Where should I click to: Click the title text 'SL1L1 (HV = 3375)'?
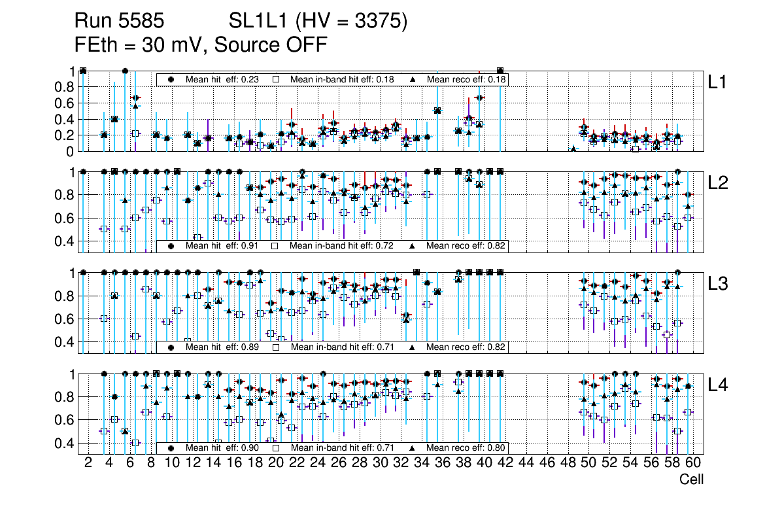318,22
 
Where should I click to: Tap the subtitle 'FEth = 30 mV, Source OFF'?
200,45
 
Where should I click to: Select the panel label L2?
717,183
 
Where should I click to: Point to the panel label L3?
717,283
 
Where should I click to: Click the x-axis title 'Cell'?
691,479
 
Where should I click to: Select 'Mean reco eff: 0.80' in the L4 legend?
467,448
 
